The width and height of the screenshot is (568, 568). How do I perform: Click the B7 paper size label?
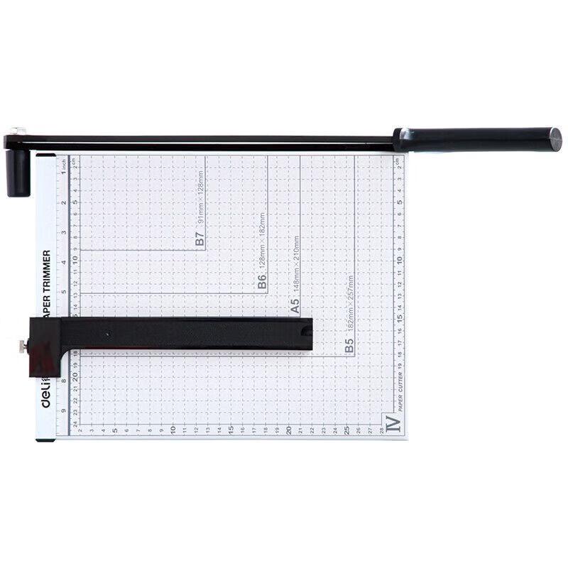pos(200,240)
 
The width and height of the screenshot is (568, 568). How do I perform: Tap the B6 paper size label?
pos(261,283)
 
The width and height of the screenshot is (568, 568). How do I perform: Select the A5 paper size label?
pos(294,307)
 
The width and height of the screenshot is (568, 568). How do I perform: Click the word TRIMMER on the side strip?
pos(46,272)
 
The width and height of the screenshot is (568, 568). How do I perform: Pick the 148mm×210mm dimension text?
pos(295,269)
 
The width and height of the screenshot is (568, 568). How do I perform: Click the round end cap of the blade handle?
pos(554,139)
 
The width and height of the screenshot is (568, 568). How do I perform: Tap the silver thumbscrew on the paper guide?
pos(23,346)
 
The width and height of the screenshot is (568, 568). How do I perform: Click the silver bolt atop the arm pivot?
pos(18,131)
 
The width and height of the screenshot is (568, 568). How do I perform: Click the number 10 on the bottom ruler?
pos(173,430)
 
